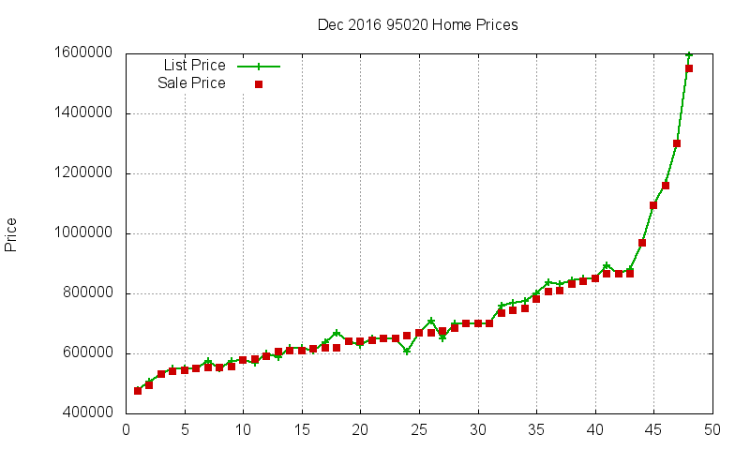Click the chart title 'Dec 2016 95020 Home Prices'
[417, 24]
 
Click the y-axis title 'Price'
[11, 233]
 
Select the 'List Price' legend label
[194, 66]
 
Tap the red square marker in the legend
[259, 84]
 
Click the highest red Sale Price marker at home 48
[689, 68]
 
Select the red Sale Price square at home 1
[138, 391]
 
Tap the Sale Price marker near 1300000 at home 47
[677, 143]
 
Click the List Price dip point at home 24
[407, 352]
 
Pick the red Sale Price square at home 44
[642, 243]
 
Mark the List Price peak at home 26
[431, 322]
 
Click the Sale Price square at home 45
[653, 205]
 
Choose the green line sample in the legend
[259, 67]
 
